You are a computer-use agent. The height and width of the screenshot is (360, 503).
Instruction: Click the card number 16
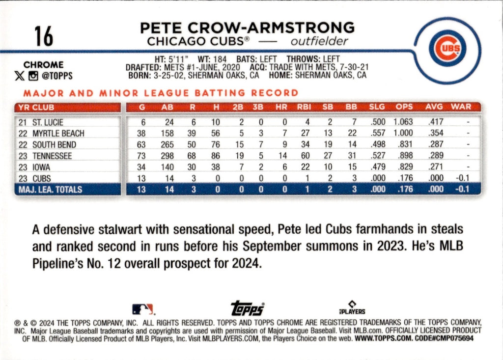tap(44, 36)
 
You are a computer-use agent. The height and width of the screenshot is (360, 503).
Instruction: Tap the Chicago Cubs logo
tap(447, 48)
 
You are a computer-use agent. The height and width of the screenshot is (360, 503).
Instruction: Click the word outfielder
tap(319, 41)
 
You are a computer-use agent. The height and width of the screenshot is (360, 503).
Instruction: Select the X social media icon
tap(19, 76)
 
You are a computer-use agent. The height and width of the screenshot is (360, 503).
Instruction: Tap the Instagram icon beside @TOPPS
tap(33, 76)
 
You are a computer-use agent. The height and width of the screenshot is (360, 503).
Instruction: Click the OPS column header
tap(404, 107)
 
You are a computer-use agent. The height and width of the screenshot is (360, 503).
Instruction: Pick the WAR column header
tap(461, 107)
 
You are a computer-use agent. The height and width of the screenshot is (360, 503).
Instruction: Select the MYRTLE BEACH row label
tap(58, 134)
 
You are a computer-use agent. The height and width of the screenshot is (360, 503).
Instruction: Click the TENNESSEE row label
tap(52, 156)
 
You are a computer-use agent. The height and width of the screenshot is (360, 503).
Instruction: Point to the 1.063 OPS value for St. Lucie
tap(403, 122)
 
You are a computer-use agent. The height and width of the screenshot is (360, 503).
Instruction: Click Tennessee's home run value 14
tap(282, 156)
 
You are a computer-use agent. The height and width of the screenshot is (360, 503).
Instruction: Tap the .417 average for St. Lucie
tap(436, 122)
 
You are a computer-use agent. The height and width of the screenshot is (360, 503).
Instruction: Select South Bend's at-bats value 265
tap(167, 145)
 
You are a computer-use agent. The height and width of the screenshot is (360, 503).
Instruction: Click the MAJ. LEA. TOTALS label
tap(50, 190)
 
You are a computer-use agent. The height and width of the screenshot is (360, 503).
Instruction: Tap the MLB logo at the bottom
tap(143, 309)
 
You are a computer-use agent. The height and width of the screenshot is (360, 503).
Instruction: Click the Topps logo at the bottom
tap(248, 308)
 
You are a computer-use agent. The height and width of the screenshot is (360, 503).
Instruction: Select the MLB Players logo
tap(352, 307)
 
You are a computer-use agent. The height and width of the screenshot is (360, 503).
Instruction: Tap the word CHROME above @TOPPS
tap(43, 65)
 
